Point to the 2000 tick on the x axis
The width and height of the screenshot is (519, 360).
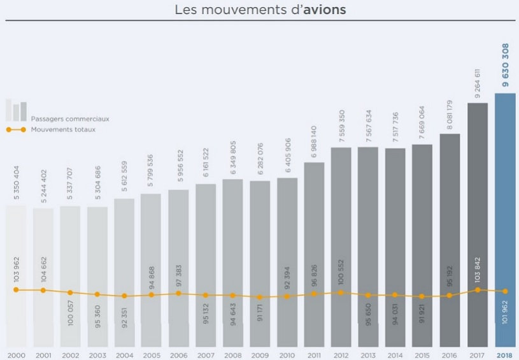pyautogui.click(x=16, y=354)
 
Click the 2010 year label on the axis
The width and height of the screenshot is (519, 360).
pyautogui.click(x=287, y=354)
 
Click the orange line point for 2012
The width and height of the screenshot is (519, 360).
pyautogui.click(x=341, y=292)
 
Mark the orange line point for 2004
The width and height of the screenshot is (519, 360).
pyautogui.click(x=124, y=296)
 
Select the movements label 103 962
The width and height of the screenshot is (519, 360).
pyautogui.click(x=16, y=268)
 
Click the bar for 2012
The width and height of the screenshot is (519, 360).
pyautogui.click(x=341, y=242)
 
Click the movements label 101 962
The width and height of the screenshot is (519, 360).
pyautogui.click(x=505, y=319)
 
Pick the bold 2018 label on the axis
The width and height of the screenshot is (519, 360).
pyautogui.click(x=505, y=354)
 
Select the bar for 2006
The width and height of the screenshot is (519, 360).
pyautogui.click(x=178, y=255)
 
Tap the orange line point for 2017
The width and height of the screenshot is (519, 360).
pyautogui.click(x=478, y=289)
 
